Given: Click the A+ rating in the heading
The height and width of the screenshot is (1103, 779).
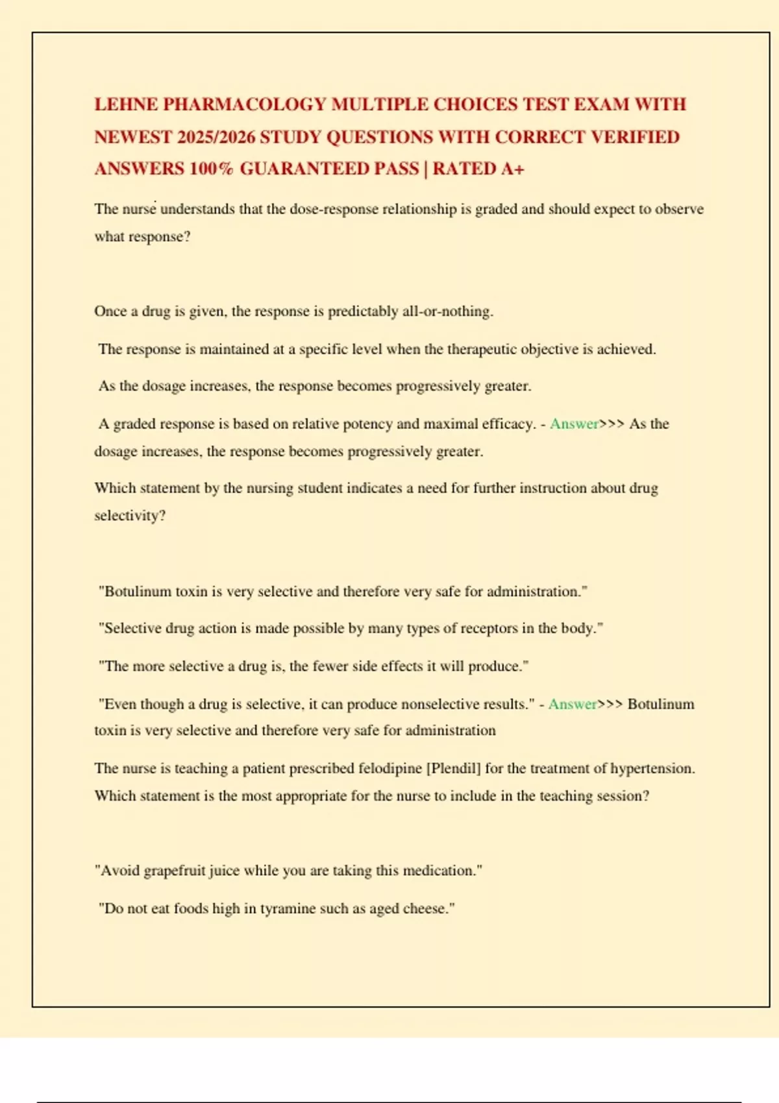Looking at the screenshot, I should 512,169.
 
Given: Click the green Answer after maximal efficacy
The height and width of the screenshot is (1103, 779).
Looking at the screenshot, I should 574,424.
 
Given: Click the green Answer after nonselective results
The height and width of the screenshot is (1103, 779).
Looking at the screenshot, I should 572,704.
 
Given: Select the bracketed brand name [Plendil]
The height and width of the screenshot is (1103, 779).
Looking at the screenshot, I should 453,768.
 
